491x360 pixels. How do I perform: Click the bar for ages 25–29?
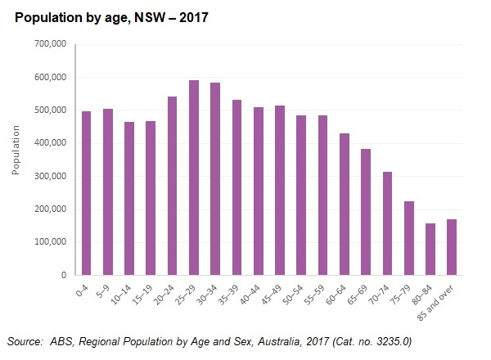tap(194, 178)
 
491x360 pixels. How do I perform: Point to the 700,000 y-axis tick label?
tap(52, 45)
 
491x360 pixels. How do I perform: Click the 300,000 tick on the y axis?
tap(52, 177)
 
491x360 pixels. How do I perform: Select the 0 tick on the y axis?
tap(65, 276)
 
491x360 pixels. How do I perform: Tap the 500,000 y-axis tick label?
tap(52, 110)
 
